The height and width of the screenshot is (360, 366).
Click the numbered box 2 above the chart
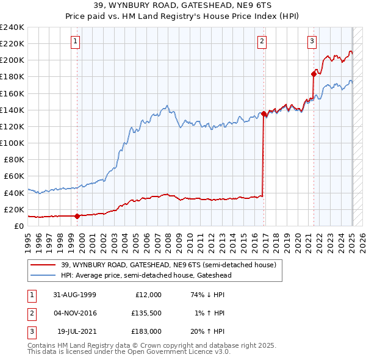(262, 41)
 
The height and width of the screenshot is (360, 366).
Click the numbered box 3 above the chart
(312, 41)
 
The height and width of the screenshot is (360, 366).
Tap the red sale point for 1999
(77, 215)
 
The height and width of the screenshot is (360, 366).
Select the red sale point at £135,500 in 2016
(264, 113)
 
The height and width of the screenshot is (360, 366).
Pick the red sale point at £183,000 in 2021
(314, 74)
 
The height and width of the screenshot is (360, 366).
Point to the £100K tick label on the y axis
(12, 143)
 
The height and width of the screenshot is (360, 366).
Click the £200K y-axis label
(12, 60)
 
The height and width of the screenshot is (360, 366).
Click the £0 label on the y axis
(18, 226)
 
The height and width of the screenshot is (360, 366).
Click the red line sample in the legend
(43, 265)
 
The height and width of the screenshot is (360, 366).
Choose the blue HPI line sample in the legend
(43, 275)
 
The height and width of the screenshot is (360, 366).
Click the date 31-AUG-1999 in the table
(74, 294)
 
